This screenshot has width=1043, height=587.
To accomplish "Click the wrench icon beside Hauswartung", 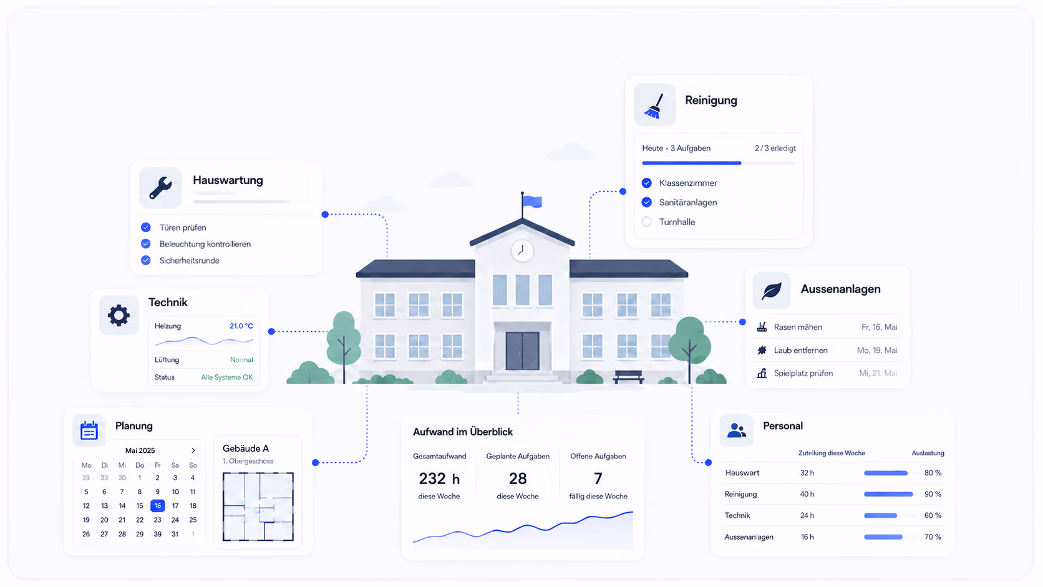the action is [x=160, y=188].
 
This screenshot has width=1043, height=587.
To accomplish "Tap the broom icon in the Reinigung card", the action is [x=654, y=105].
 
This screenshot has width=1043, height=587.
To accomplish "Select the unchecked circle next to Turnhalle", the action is [x=646, y=221].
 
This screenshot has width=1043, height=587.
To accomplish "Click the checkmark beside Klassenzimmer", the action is [x=646, y=183].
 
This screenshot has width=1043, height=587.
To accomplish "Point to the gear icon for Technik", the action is [x=119, y=316].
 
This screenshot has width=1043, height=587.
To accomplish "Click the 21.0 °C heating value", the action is [x=241, y=326].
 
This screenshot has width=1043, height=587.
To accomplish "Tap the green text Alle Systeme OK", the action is [x=227, y=377].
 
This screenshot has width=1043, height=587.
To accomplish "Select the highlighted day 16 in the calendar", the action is [x=157, y=505].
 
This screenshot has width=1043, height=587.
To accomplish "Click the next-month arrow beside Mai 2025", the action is [x=193, y=450].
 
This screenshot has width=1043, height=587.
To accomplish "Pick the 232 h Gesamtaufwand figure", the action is [x=439, y=478].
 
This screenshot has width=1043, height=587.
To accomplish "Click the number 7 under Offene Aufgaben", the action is [x=598, y=478].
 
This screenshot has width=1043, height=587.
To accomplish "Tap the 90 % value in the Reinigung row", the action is [x=933, y=494].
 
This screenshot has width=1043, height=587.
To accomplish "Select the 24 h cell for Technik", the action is [x=807, y=515].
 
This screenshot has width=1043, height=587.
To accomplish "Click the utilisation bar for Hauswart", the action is [x=886, y=473].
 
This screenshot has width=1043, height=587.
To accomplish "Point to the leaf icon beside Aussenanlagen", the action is [x=771, y=291].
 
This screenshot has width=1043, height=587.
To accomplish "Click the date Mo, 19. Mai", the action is [x=877, y=350].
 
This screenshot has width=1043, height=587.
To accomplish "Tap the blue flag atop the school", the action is [x=532, y=201].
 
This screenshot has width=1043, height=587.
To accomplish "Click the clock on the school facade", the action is [x=522, y=251].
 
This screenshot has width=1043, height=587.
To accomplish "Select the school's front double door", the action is [x=522, y=351].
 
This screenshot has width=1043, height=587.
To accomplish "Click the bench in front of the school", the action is [x=628, y=377].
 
